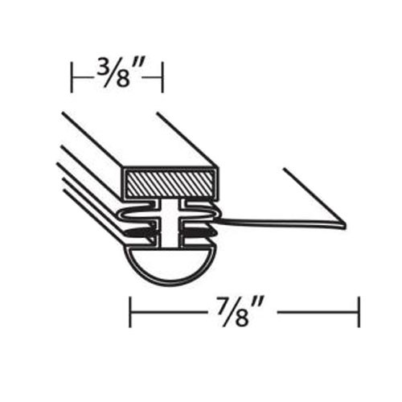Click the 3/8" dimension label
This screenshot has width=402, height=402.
pos(117,78)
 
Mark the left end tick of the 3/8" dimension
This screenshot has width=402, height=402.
pos(72,78)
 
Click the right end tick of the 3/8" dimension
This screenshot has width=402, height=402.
pos(163,78)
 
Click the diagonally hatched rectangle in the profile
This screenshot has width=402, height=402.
pos(170,183)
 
